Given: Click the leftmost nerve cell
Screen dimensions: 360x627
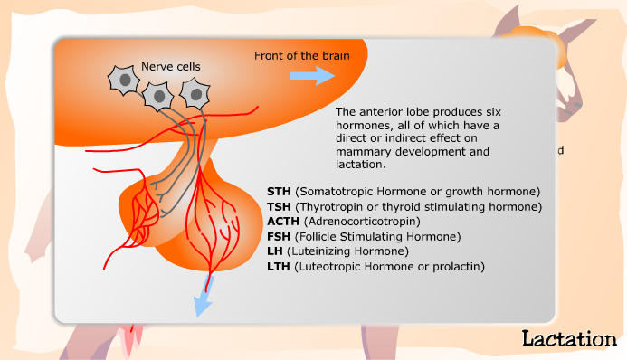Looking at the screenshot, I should click(124, 81).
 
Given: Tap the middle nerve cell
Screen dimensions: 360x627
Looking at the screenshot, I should click(158, 94).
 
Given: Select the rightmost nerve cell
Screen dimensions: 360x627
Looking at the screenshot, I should click(193, 92).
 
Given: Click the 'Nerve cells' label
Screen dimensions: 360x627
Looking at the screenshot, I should click(171, 66).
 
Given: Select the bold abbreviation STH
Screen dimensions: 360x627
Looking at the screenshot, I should click(279, 192).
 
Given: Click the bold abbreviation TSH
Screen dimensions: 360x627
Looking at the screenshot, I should click(279, 206).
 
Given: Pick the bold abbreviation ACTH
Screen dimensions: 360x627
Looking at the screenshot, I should click(283, 222).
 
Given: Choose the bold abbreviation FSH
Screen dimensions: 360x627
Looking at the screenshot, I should click(279, 236).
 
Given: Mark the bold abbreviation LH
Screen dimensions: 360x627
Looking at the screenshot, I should click(274, 251).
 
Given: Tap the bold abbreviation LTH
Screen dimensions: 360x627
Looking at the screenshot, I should click(279, 266).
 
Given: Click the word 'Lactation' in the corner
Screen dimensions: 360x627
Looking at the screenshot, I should click(569, 339).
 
